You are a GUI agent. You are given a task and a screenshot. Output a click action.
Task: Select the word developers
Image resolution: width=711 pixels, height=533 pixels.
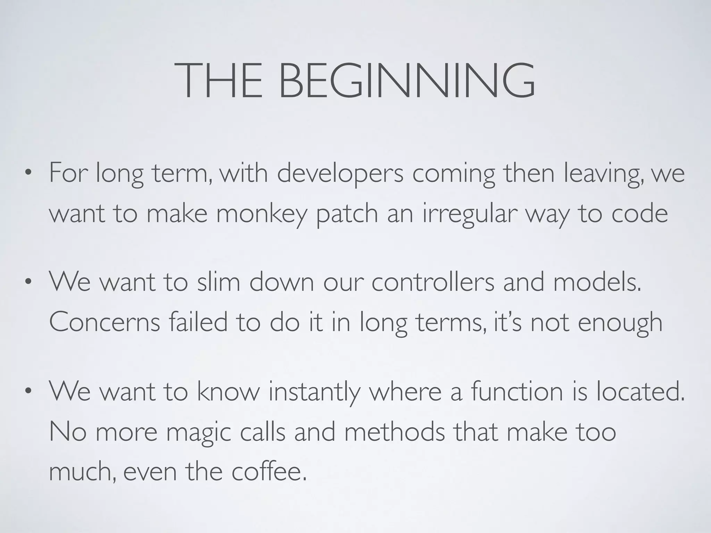point(340,174)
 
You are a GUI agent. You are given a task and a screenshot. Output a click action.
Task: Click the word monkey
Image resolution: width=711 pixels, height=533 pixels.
point(262,214)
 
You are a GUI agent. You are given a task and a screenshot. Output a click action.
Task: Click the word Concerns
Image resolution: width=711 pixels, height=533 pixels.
point(104,322)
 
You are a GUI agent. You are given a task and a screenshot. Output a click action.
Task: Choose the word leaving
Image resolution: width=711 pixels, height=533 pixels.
point(602,174)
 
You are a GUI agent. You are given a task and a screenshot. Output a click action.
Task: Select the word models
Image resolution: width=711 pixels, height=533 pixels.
point(597,282)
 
